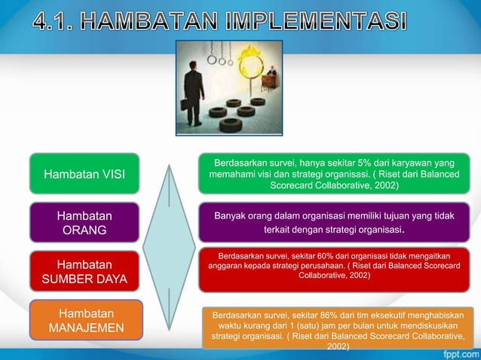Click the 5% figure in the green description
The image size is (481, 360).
coord(354,161)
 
